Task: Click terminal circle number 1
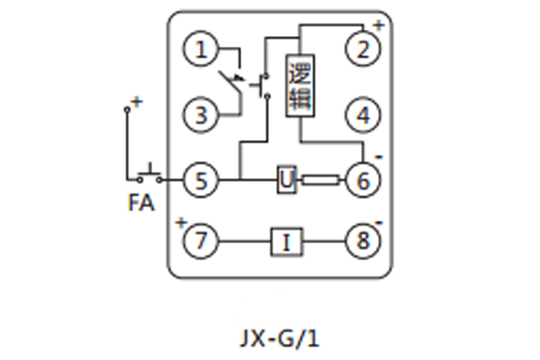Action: (x=202, y=49)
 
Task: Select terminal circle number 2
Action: (x=364, y=49)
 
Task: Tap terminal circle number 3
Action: (x=202, y=115)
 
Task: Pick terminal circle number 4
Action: (x=364, y=115)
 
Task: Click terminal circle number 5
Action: (x=202, y=180)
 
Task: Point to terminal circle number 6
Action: (x=364, y=180)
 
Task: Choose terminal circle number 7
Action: (x=202, y=241)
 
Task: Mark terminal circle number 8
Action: (x=364, y=241)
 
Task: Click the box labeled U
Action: (x=286, y=180)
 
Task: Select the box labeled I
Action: (x=286, y=241)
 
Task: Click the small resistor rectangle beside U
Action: (x=319, y=180)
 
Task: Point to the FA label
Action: (x=140, y=204)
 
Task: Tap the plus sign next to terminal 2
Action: (x=378, y=25)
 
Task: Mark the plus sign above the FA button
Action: (x=137, y=102)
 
